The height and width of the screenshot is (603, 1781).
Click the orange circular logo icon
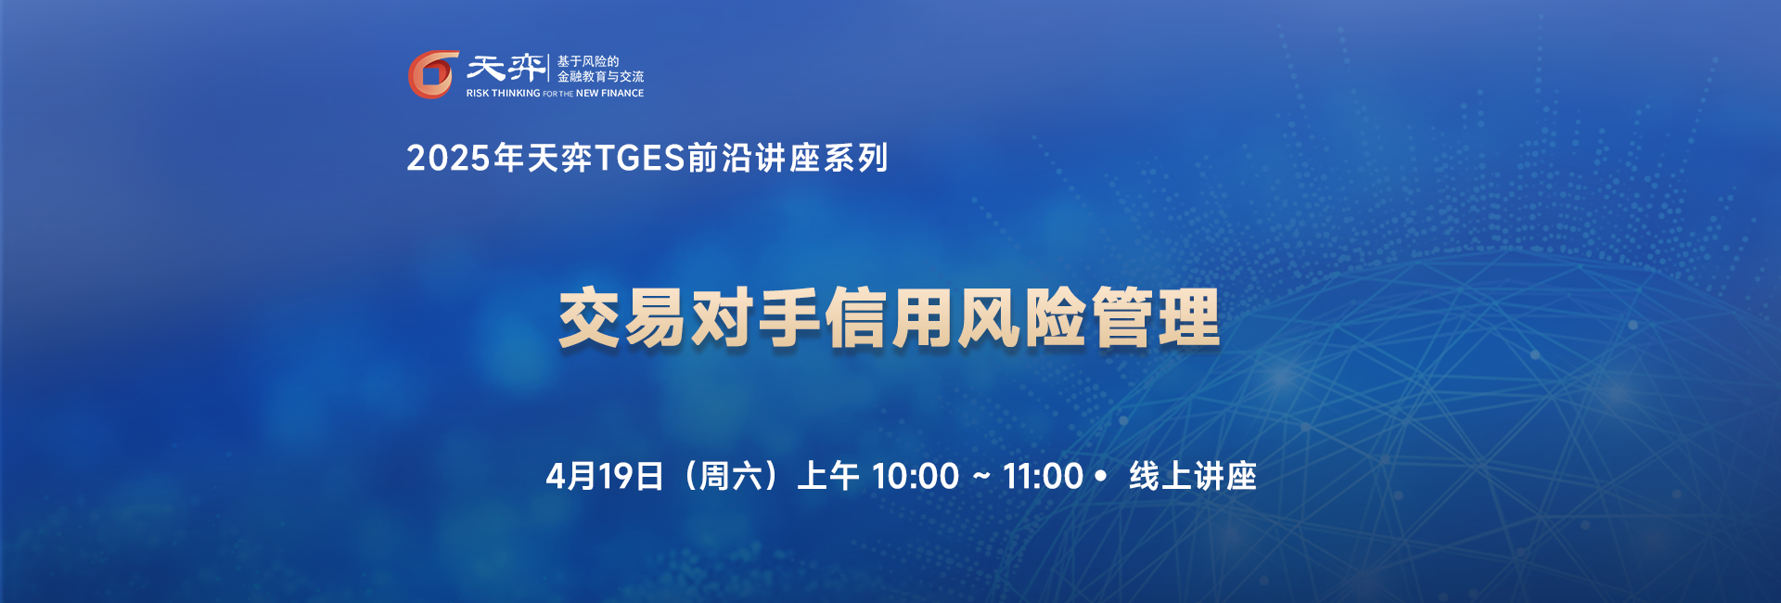pos(433,74)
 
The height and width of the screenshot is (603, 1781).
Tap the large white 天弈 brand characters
pos(506,68)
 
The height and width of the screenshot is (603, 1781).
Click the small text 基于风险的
pos(587,61)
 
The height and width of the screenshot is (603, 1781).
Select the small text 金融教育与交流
pos(600,76)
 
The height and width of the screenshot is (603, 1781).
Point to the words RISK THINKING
pos(503,93)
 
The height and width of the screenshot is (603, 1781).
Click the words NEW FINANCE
pos(609,93)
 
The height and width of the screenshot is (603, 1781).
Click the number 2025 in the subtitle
pos(448,158)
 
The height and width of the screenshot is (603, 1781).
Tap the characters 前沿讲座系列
pos(788,158)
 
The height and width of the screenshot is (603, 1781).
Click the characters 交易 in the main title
pos(622,318)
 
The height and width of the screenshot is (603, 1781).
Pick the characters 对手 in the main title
pos(756,318)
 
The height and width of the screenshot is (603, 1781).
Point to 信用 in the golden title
pos(889,318)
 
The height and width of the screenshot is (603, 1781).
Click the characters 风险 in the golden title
pos(1021,318)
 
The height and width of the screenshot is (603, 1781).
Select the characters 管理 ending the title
pos(1155,318)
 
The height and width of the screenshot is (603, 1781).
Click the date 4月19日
pos(605,476)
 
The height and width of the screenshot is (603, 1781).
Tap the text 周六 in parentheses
pos(730,476)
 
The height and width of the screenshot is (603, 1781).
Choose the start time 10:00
pos(916,476)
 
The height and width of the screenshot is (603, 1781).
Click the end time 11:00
pos(1043,476)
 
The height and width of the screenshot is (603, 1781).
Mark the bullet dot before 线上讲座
pos(1101,476)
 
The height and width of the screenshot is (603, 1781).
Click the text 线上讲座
pos(1192,476)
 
